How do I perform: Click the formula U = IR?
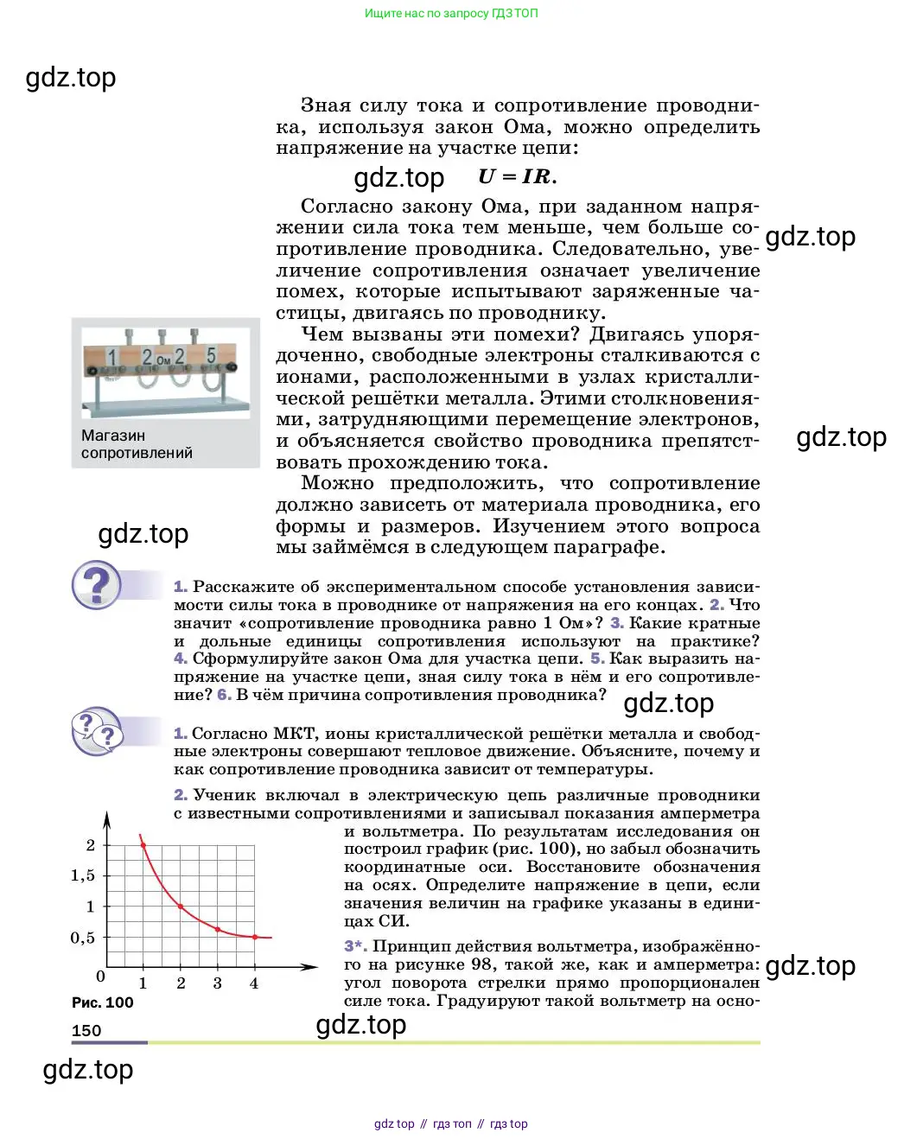point(517,176)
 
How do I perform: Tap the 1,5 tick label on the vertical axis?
point(83,875)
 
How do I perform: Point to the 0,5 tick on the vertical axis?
point(83,938)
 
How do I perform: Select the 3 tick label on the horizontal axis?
point(217,983)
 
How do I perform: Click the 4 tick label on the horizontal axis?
point(254,983)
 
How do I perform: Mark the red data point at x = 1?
point(143,845)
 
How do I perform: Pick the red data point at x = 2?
point(180,907)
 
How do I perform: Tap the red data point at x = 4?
point(254,937)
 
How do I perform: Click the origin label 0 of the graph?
point(100,977)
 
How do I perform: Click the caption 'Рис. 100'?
point(102,1002)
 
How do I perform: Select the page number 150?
point(86,1030)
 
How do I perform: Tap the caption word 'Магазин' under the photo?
point(113,436)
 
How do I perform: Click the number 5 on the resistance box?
point(211,356)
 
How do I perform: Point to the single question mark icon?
point(96,586)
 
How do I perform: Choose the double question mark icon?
point(97,731)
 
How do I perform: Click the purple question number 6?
point(224,695)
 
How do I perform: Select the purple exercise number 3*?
point(355,946)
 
